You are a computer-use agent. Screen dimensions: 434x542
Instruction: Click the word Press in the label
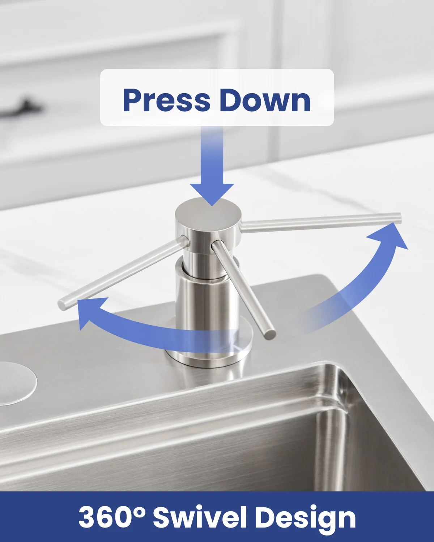[x=166, y=100]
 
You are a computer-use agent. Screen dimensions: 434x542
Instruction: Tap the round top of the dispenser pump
[x=208, y=212]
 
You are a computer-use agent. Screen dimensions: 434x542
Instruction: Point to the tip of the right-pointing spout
[x=399, y=218]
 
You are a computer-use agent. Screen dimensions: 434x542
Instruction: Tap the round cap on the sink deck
[x=15, y=384]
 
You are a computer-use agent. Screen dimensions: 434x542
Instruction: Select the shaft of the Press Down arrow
[x=212, y=155]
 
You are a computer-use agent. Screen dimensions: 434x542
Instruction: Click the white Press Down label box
[x=217, y=98]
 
